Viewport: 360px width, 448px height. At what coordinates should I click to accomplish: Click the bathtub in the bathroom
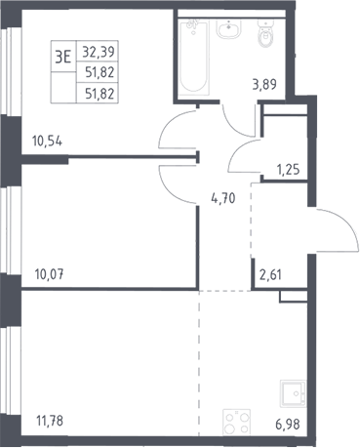pyautogui.click(x=193, y=58)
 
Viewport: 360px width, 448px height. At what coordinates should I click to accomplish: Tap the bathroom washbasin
pyautogui.click(x=229, y=28)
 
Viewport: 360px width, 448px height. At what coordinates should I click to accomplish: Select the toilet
pyautogui.click(x=265, y=33)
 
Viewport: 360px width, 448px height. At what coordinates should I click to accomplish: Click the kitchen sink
pyautogui.click(x=293, y=393)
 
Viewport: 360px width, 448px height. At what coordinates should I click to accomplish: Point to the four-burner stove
pyautogui.click(x=236, y=423)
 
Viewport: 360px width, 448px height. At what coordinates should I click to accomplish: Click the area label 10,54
pyautogui.click(x=47, y=142)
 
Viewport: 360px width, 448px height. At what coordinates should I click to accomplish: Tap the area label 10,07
pyautogui.click(x=49, y=275)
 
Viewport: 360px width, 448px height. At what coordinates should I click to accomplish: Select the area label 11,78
pyautogui.click(x=50, y=421)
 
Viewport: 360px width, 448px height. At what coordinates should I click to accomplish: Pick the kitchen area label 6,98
pyautogui.click(x=288, y=425)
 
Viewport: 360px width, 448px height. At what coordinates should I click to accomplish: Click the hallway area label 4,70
pyautogui.click(x=223, y=198)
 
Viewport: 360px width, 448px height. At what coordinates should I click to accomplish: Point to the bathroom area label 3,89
pyautogui.click(x=264, y=85)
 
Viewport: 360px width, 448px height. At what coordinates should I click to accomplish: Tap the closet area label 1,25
pyautogui.click(x=288, y=170)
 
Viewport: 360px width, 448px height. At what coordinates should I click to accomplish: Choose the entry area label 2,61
pyautogui.click(x=270, y=275)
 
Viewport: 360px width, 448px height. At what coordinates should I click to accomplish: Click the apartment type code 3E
pyautogui.click(x=63, y=58)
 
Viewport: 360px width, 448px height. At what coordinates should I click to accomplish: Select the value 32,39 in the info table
pyautogui.click(x=99, y=52)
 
